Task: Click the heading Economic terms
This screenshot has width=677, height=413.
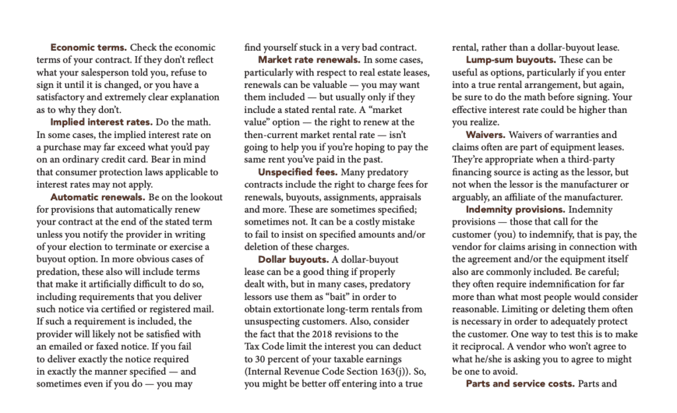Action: click(89, 48)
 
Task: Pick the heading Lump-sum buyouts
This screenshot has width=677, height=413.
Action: click(510, 59)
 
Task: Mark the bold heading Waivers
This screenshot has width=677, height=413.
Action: click(486, 135)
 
